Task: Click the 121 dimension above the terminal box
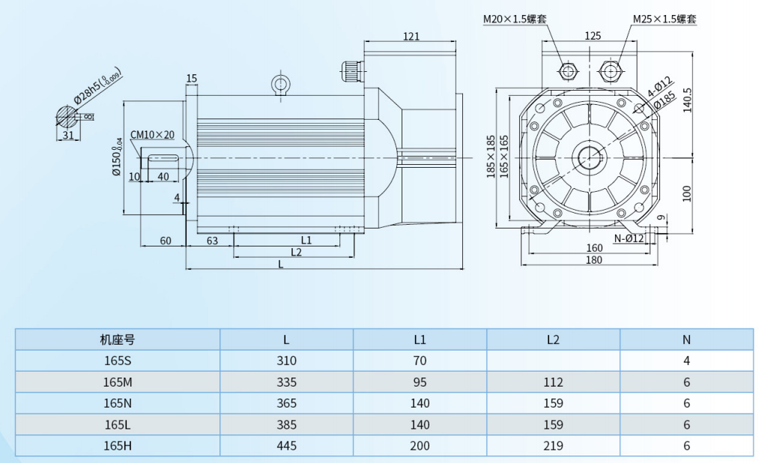coord(411,36)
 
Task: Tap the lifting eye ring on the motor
coord(280,82)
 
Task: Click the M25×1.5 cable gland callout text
coord(665,19)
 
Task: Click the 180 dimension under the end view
coord(593,260)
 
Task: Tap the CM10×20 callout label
coord(153,135)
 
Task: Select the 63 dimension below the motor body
coord(212,240)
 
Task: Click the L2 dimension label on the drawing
coord(295,252)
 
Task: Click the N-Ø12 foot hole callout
coord(629,239)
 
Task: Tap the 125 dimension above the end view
coord(593,35)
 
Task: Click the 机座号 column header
coord(118,339)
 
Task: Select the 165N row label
coord(118,403)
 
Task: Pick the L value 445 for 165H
coord(286,446)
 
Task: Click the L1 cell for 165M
coord(420,382)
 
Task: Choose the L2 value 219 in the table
coord(553,446)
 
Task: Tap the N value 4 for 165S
coord(686,360)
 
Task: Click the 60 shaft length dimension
coord(166,240)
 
